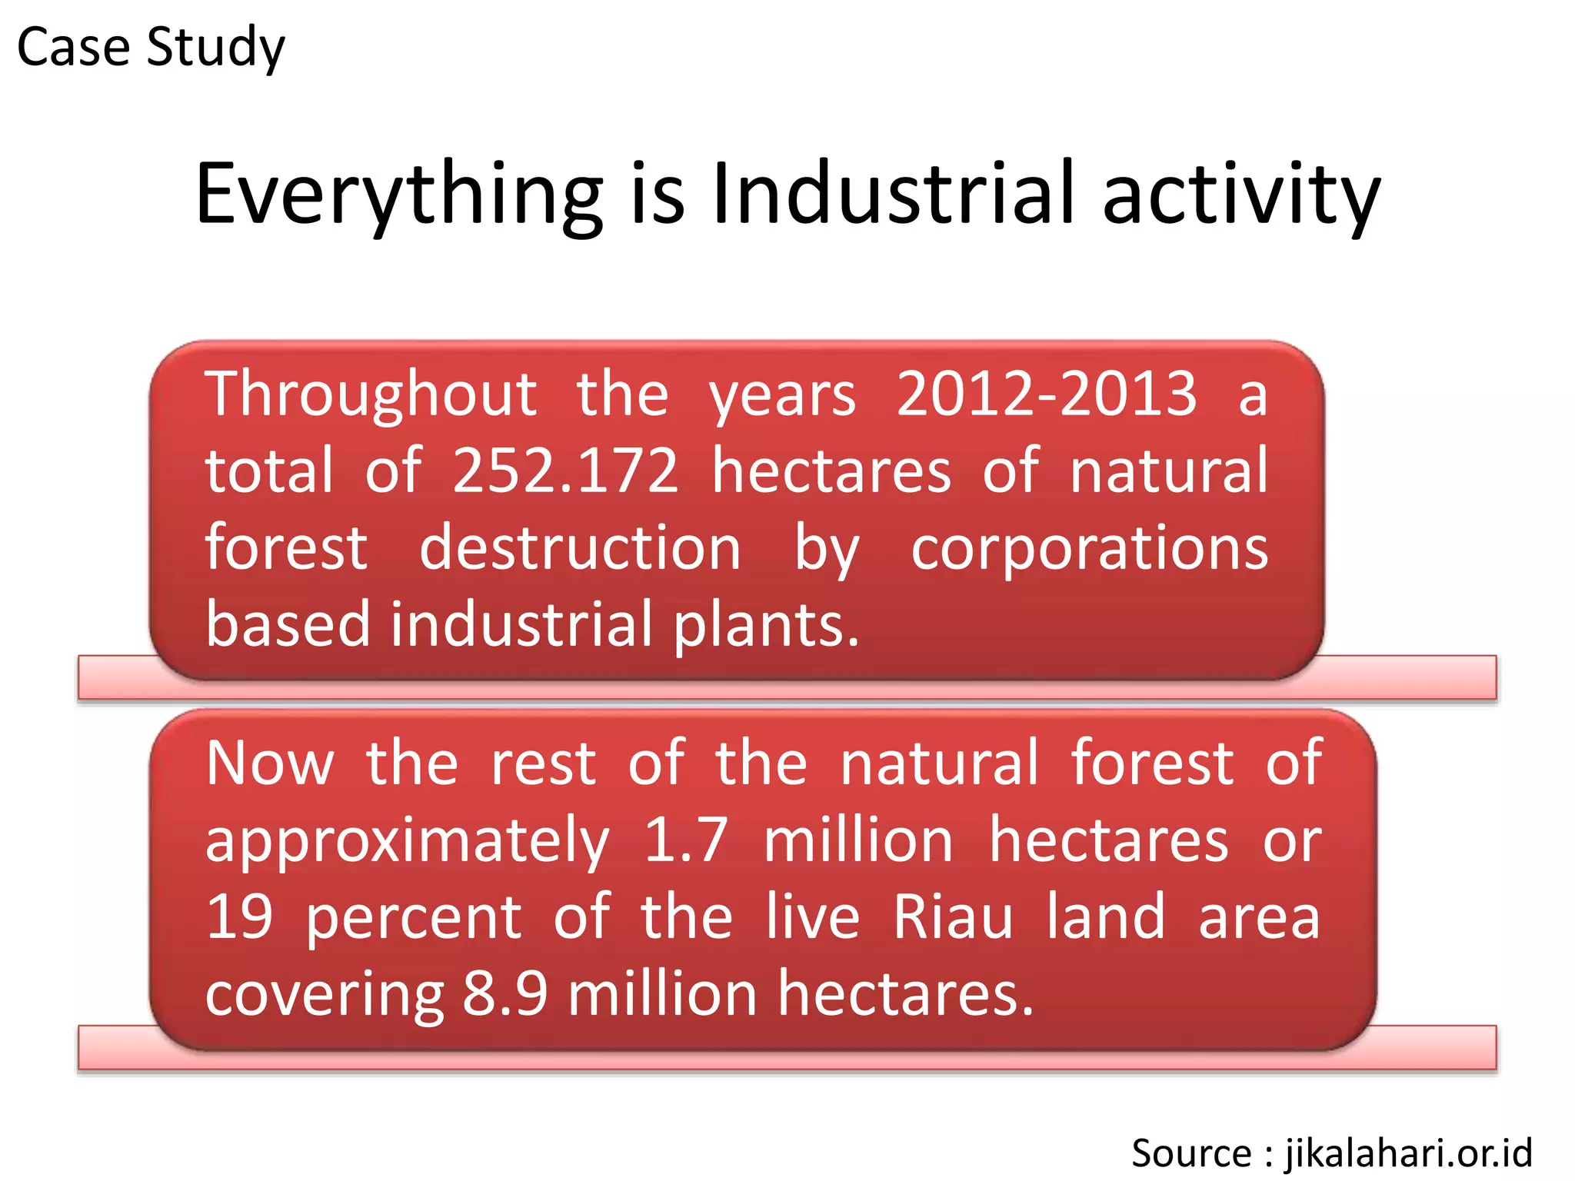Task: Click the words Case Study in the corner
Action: coord(151,48)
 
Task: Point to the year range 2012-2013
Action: coord(1046,394)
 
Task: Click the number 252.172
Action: coord(565,471)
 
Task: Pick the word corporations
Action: coord(1089,549)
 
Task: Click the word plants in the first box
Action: coord(764,624)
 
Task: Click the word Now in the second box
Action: coord(270,763)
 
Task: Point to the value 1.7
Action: coord(685,840)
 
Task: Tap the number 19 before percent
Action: coord(239,917)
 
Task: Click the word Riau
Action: coord(953,917)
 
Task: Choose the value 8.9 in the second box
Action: coord(504,993)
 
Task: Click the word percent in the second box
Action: coord(414,918)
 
